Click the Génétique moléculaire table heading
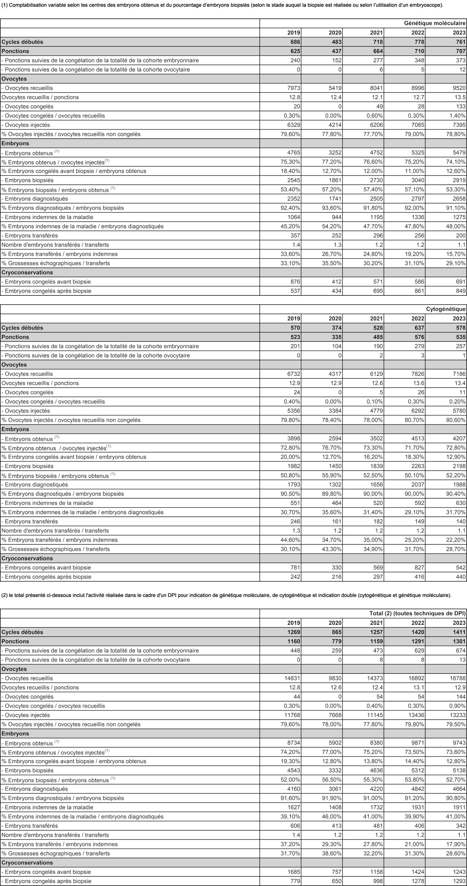click(435, 23)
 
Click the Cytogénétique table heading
click(446, 309)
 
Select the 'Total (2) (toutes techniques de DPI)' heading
click(417, 613)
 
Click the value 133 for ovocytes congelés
click(461, 107)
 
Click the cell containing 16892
click(415, 678)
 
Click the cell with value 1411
click(459, 632)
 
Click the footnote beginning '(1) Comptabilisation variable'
click(222, 5)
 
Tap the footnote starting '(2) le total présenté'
click(226, 595)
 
